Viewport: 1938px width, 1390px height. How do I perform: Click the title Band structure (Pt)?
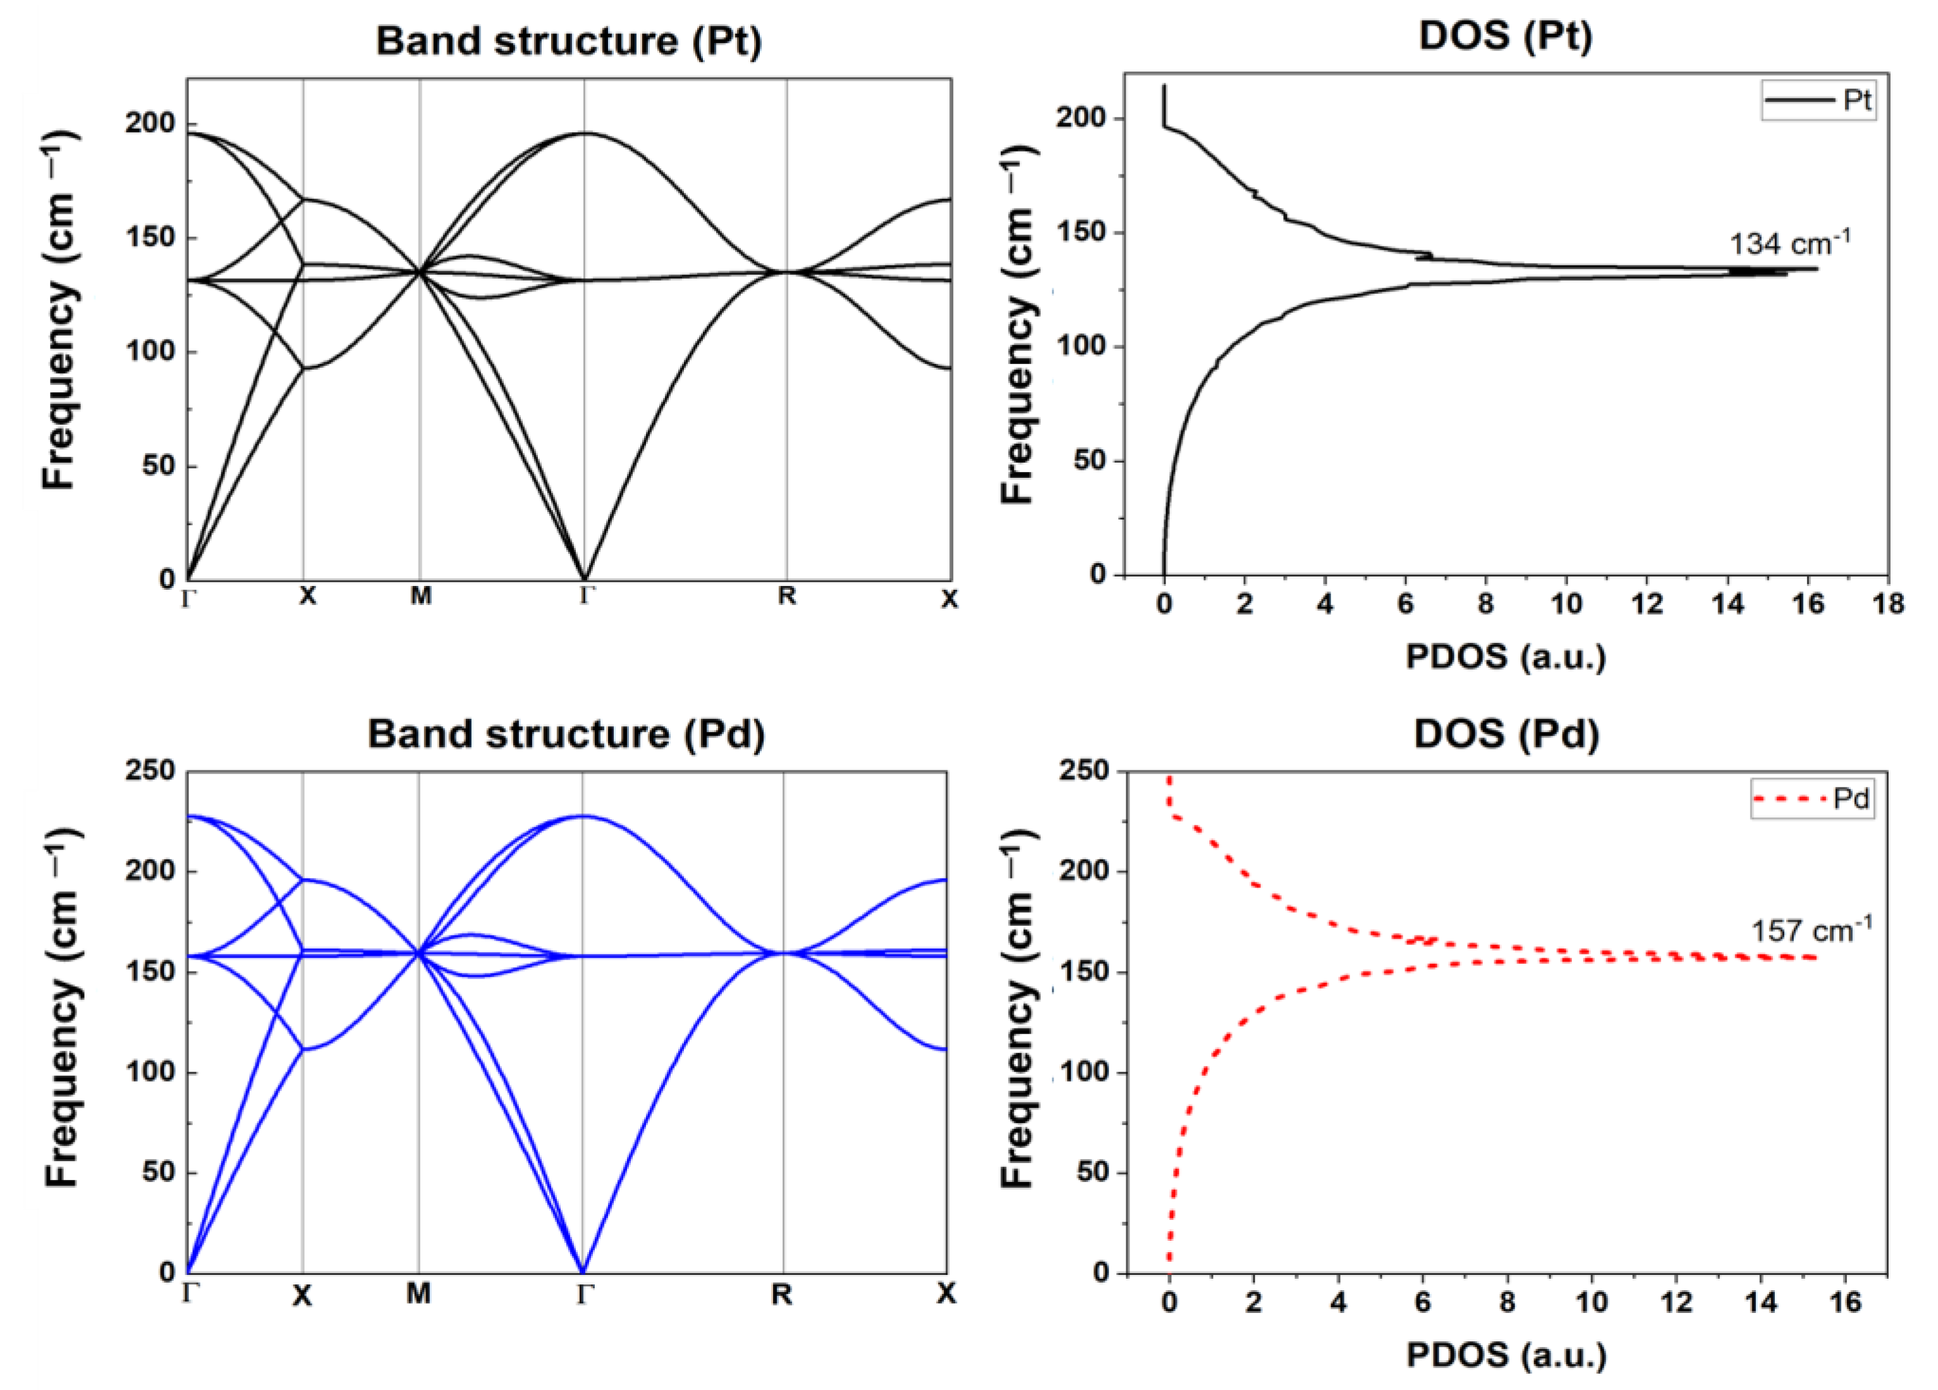(x=568, y=41)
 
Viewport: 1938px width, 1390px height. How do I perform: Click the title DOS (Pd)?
(x=1506, y=735)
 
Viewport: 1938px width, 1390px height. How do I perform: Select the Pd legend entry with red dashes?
(x=1812, y=800)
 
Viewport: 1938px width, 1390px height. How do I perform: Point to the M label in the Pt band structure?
(x=420, y=596)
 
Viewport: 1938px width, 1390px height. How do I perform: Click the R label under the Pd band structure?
(x=781, y=1295)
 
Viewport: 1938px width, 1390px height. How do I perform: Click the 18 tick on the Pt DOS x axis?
(x=1887, y=604)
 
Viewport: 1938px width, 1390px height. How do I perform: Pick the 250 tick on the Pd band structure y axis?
(x=150, y=771)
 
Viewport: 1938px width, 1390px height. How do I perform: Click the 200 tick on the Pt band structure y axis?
(x=150, y=124)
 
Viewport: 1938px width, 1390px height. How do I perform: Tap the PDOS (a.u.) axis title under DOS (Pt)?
(x=1506, y=656)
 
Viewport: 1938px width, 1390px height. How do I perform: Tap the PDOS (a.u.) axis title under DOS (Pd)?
(x=1506, y=1355)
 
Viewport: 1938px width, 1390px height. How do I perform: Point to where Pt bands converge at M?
(x=420, y=272)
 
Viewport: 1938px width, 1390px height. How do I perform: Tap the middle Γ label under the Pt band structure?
(x=585, y=596)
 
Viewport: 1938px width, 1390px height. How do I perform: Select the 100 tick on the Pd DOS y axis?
(x=1085, y=1072)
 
